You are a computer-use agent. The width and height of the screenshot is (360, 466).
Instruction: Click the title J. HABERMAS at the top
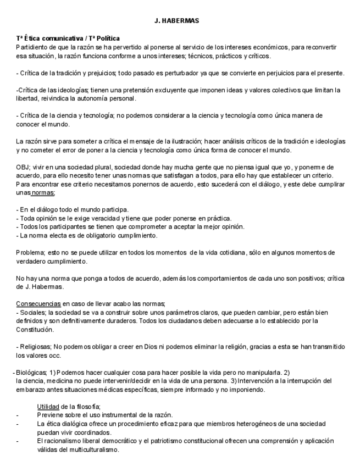tap(176, 21)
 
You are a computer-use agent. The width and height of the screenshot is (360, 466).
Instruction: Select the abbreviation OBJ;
tap(24, 167)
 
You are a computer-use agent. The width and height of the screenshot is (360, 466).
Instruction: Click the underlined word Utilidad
tap(49, 406)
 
